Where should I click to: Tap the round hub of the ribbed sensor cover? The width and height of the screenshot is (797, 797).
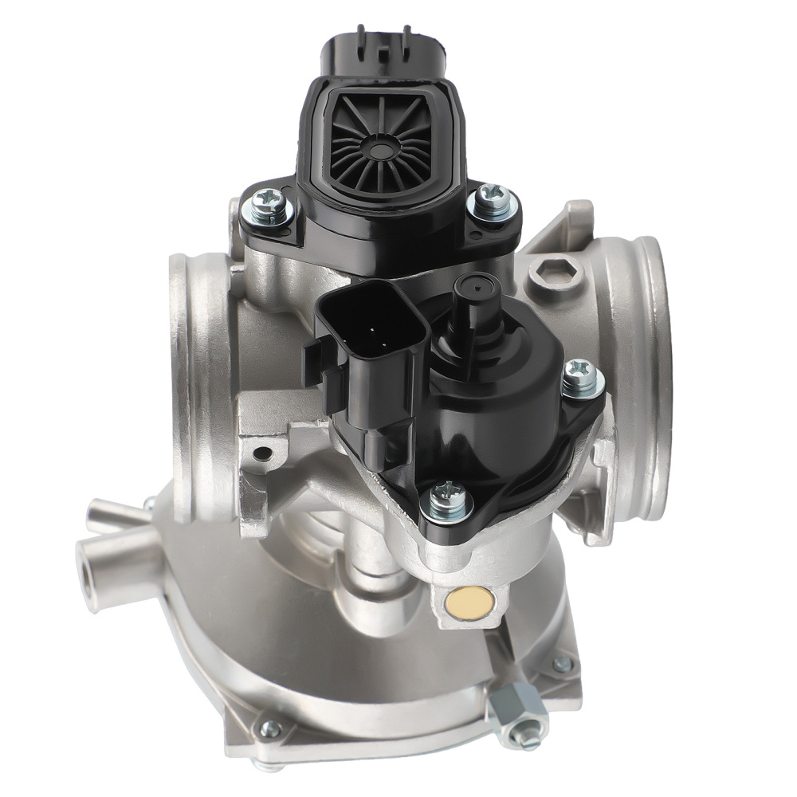[x=382, y=147]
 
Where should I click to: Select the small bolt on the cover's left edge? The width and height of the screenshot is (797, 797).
[x=270, y=728]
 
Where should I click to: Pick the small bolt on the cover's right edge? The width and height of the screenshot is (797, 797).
[x=563, y=664]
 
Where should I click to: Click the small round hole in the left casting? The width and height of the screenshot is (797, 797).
[x=261, y=455]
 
